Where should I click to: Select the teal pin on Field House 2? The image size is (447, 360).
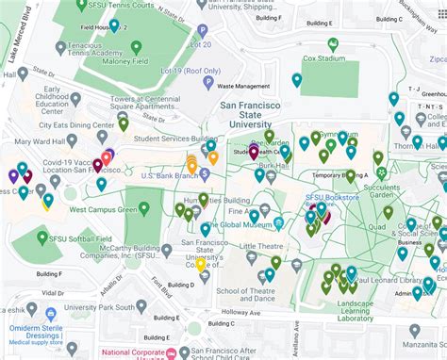pos(114,25)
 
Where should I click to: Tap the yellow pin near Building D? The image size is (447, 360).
pos(200,264)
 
